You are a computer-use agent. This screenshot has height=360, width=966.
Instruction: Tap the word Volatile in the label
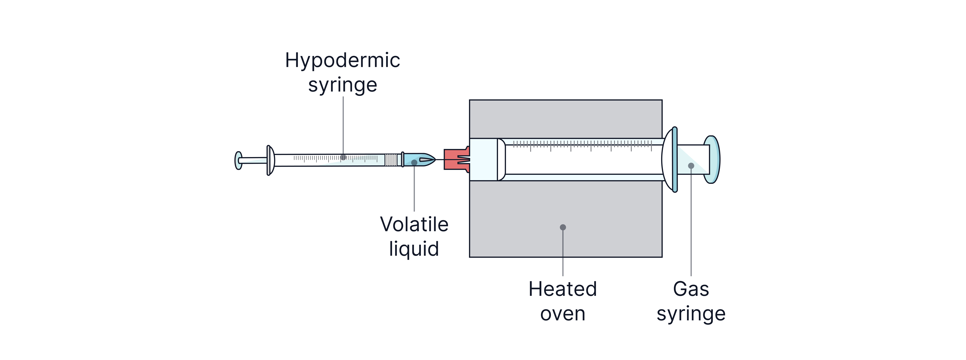[414, 224]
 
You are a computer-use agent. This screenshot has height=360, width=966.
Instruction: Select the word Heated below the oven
[562, 289]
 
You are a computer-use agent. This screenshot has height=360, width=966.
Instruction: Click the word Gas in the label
[691, 289]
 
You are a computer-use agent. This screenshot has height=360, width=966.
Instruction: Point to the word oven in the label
[562, 314]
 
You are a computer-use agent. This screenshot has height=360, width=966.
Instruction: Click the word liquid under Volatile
[414, 249]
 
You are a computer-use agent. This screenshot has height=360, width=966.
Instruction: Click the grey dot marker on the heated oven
[562, 227]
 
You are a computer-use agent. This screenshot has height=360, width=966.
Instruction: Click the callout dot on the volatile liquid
[414, 162]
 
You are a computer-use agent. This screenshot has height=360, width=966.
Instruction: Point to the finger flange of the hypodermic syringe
[269, 161]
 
